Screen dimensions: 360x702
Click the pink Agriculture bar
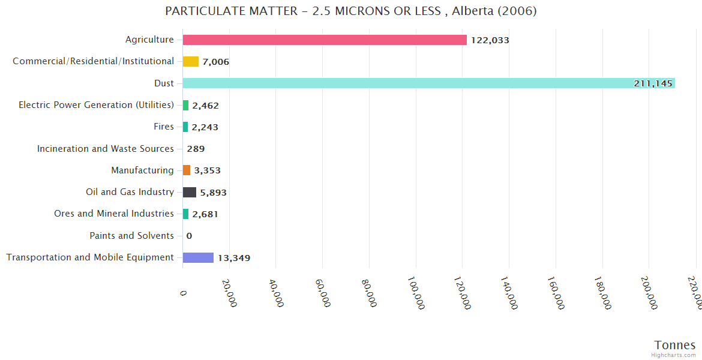pyautogui.click(x=325, y=40)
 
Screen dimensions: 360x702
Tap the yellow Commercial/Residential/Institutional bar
pyautogui.click(x=191, y=61)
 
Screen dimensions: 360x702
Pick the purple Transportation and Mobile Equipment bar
pyautogui.click(x=198, y=257)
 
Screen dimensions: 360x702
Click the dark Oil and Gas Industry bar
pyautogui.click(x=190, y=192)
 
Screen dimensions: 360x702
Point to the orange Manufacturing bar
pyautogui.click(x=187, y=170)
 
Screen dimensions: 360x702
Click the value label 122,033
pyautogui.click(x=490, y=40)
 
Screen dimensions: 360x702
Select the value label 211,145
pyautogui.click(x=653, y=83)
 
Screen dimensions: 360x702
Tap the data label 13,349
pyautogui.click(x=234, y=258)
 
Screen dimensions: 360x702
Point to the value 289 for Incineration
pyautogui.click(x=196, y=149)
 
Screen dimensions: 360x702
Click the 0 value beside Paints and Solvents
pyautogui.click(x=189, y=236)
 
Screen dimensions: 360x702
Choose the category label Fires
pyautogui.click(x=164, y=127)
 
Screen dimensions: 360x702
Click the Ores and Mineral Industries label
pyautogui.click(x=114, y=214)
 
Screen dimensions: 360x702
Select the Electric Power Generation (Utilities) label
pyautogui.click(x=96, y=105)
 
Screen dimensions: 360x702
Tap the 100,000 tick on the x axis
pyautogui.click(x=416, y=293)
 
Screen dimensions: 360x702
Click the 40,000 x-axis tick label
pyautogui.click(x=275, y=293)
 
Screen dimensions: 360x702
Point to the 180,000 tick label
pyautogui.click(x=602, y=293)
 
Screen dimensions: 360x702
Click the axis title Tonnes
pyautogui.click(x=675, y=345)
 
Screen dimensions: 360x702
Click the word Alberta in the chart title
pyautogui.click(x=472, y=11)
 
